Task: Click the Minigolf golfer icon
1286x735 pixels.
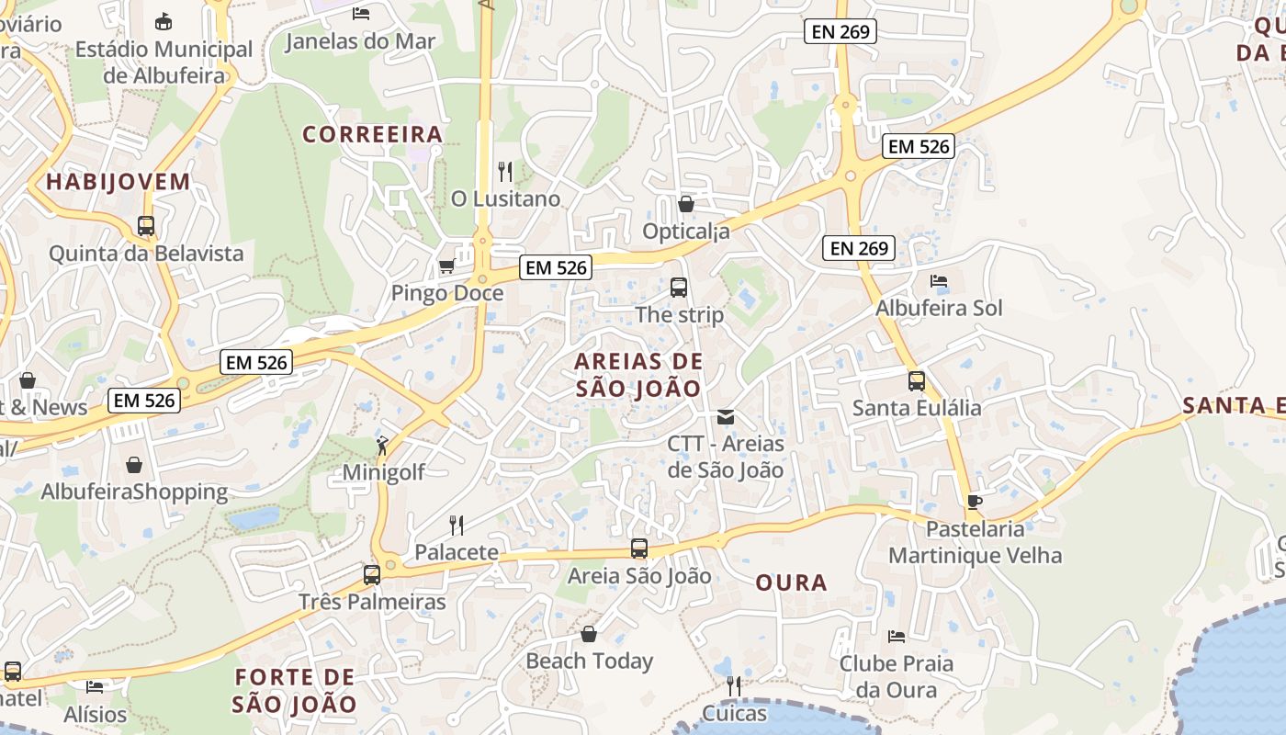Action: click(382, 447)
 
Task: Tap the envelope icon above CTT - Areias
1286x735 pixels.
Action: click(726, 417)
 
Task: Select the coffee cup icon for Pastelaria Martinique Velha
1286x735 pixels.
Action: click(974, 502)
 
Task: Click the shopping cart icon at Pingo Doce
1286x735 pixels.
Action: click(446, 266)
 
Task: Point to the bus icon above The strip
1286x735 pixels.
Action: click(679, 288)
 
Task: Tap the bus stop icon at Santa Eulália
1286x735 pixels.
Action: click(916, 381)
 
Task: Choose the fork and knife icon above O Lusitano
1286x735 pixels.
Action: click(504, 171)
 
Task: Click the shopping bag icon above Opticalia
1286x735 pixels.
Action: click(685, 204)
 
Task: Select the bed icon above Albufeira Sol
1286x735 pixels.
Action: click(938, 281)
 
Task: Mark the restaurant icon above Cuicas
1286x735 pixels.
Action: click(733, 686)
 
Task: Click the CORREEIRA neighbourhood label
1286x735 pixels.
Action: click(373, 134)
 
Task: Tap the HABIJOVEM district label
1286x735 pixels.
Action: click(118, 181)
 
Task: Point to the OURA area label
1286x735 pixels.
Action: click(791, 582)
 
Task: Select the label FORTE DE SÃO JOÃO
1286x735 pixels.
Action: click(294, 691)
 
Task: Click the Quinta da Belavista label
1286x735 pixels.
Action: click(146, 253)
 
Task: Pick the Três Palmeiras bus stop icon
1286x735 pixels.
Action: click(371, 575)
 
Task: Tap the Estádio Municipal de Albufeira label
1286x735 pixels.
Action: click(164, 62)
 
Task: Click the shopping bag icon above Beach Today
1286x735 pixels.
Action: click(589, 634)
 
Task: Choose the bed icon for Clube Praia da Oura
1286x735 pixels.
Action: click(897, 636)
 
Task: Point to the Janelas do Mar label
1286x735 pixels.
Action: click(360, 41)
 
